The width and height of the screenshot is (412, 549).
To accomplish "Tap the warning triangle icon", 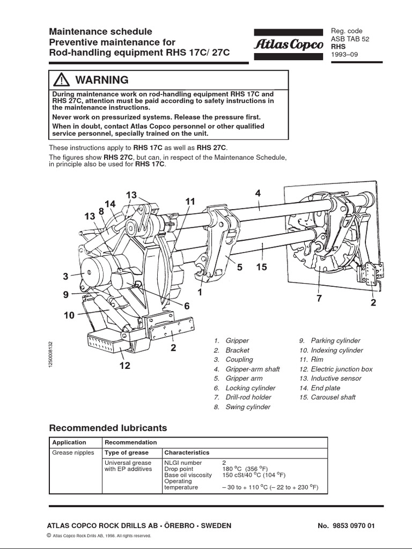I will coord(63,80).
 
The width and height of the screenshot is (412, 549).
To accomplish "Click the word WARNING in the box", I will coord(102,80).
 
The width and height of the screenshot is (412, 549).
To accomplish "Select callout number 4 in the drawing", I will coord(258,194).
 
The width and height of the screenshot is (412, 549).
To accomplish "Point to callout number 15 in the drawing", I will coord(261,266).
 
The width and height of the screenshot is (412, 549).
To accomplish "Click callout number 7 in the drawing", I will coord(319,298).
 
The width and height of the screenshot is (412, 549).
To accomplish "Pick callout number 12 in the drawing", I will coord(124,367).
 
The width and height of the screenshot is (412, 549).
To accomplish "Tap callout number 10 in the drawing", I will coord(69,315).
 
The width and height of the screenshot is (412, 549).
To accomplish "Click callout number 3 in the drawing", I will coord(65,277).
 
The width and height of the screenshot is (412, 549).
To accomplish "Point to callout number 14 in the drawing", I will coord(110,204).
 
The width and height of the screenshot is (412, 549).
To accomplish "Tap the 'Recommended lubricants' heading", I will coord(108,428).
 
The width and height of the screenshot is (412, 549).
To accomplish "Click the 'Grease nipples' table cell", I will coord(73,452).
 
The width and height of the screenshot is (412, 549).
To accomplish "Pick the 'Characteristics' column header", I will coord(187,452).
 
